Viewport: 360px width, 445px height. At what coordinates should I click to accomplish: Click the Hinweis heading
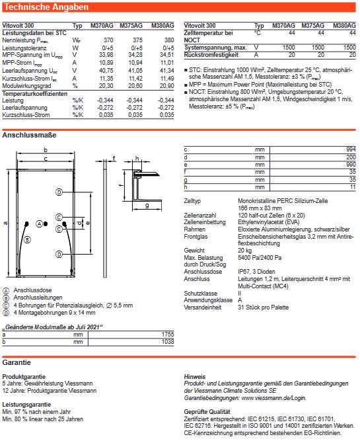(x=195, y=376)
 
